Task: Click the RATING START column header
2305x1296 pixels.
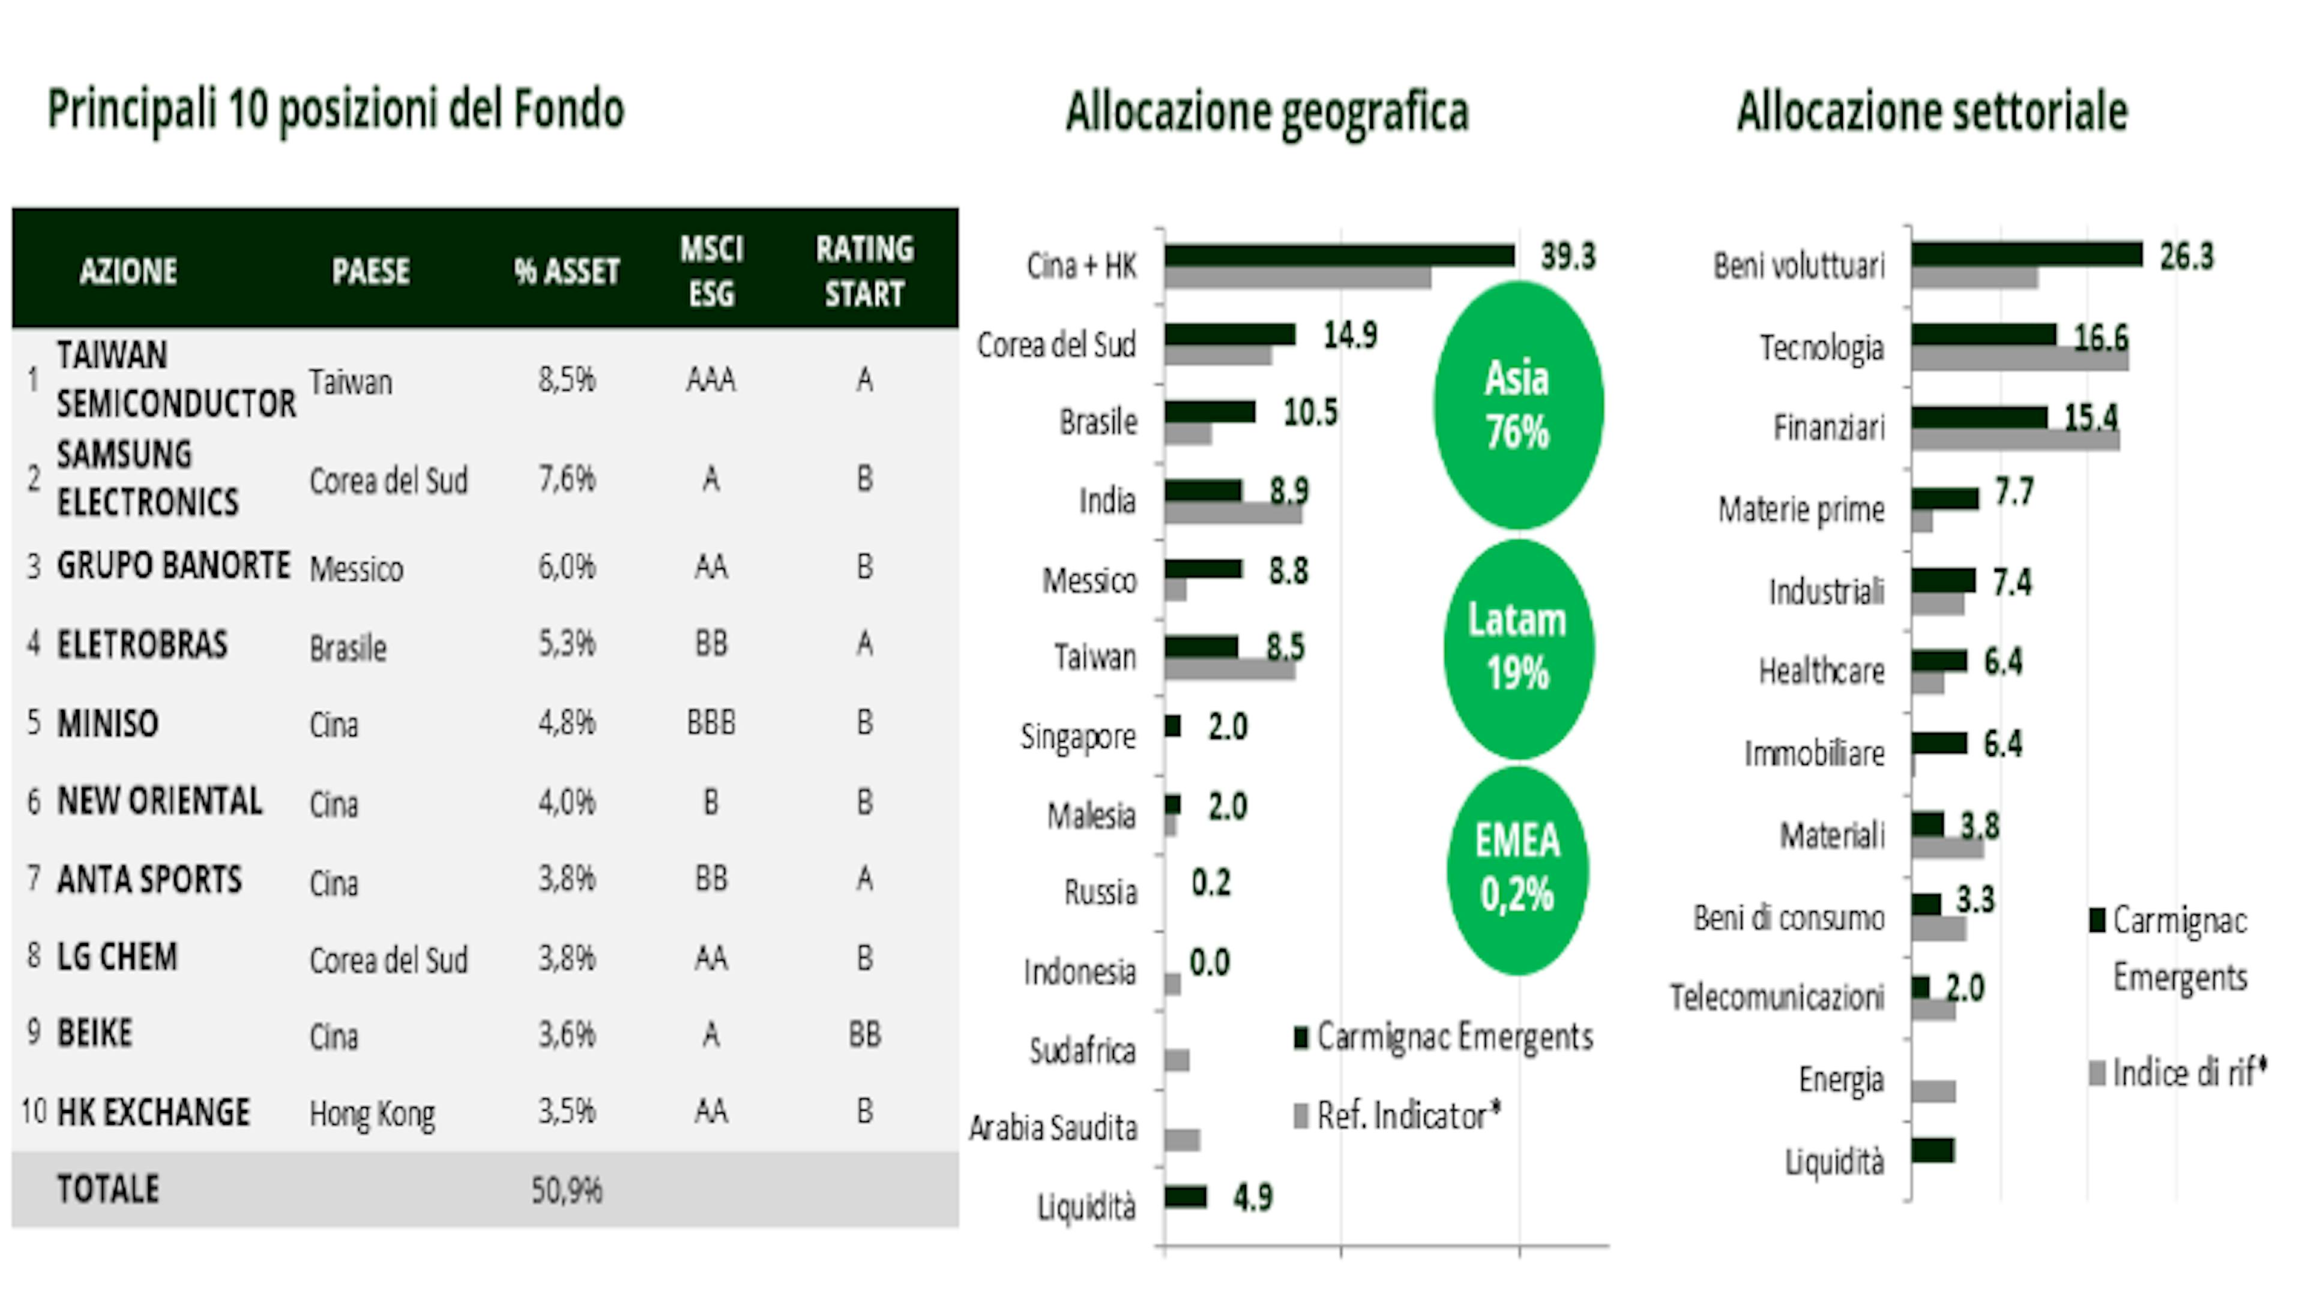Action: (864, 270)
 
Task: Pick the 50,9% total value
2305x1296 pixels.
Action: (567, 1190)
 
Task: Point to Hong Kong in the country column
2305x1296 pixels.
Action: (372, 1114)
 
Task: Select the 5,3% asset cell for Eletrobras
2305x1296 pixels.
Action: (567, 644)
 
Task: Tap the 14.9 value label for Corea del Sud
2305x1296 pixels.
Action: (1350, 335)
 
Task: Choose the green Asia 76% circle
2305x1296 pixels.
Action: (1517, 405)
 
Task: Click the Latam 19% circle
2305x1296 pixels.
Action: (1517, 647)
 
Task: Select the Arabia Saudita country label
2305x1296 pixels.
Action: (1053, 1129)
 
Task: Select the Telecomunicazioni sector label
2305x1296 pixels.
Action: (1777, 997)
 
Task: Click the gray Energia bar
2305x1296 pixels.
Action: (1933, 1091)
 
